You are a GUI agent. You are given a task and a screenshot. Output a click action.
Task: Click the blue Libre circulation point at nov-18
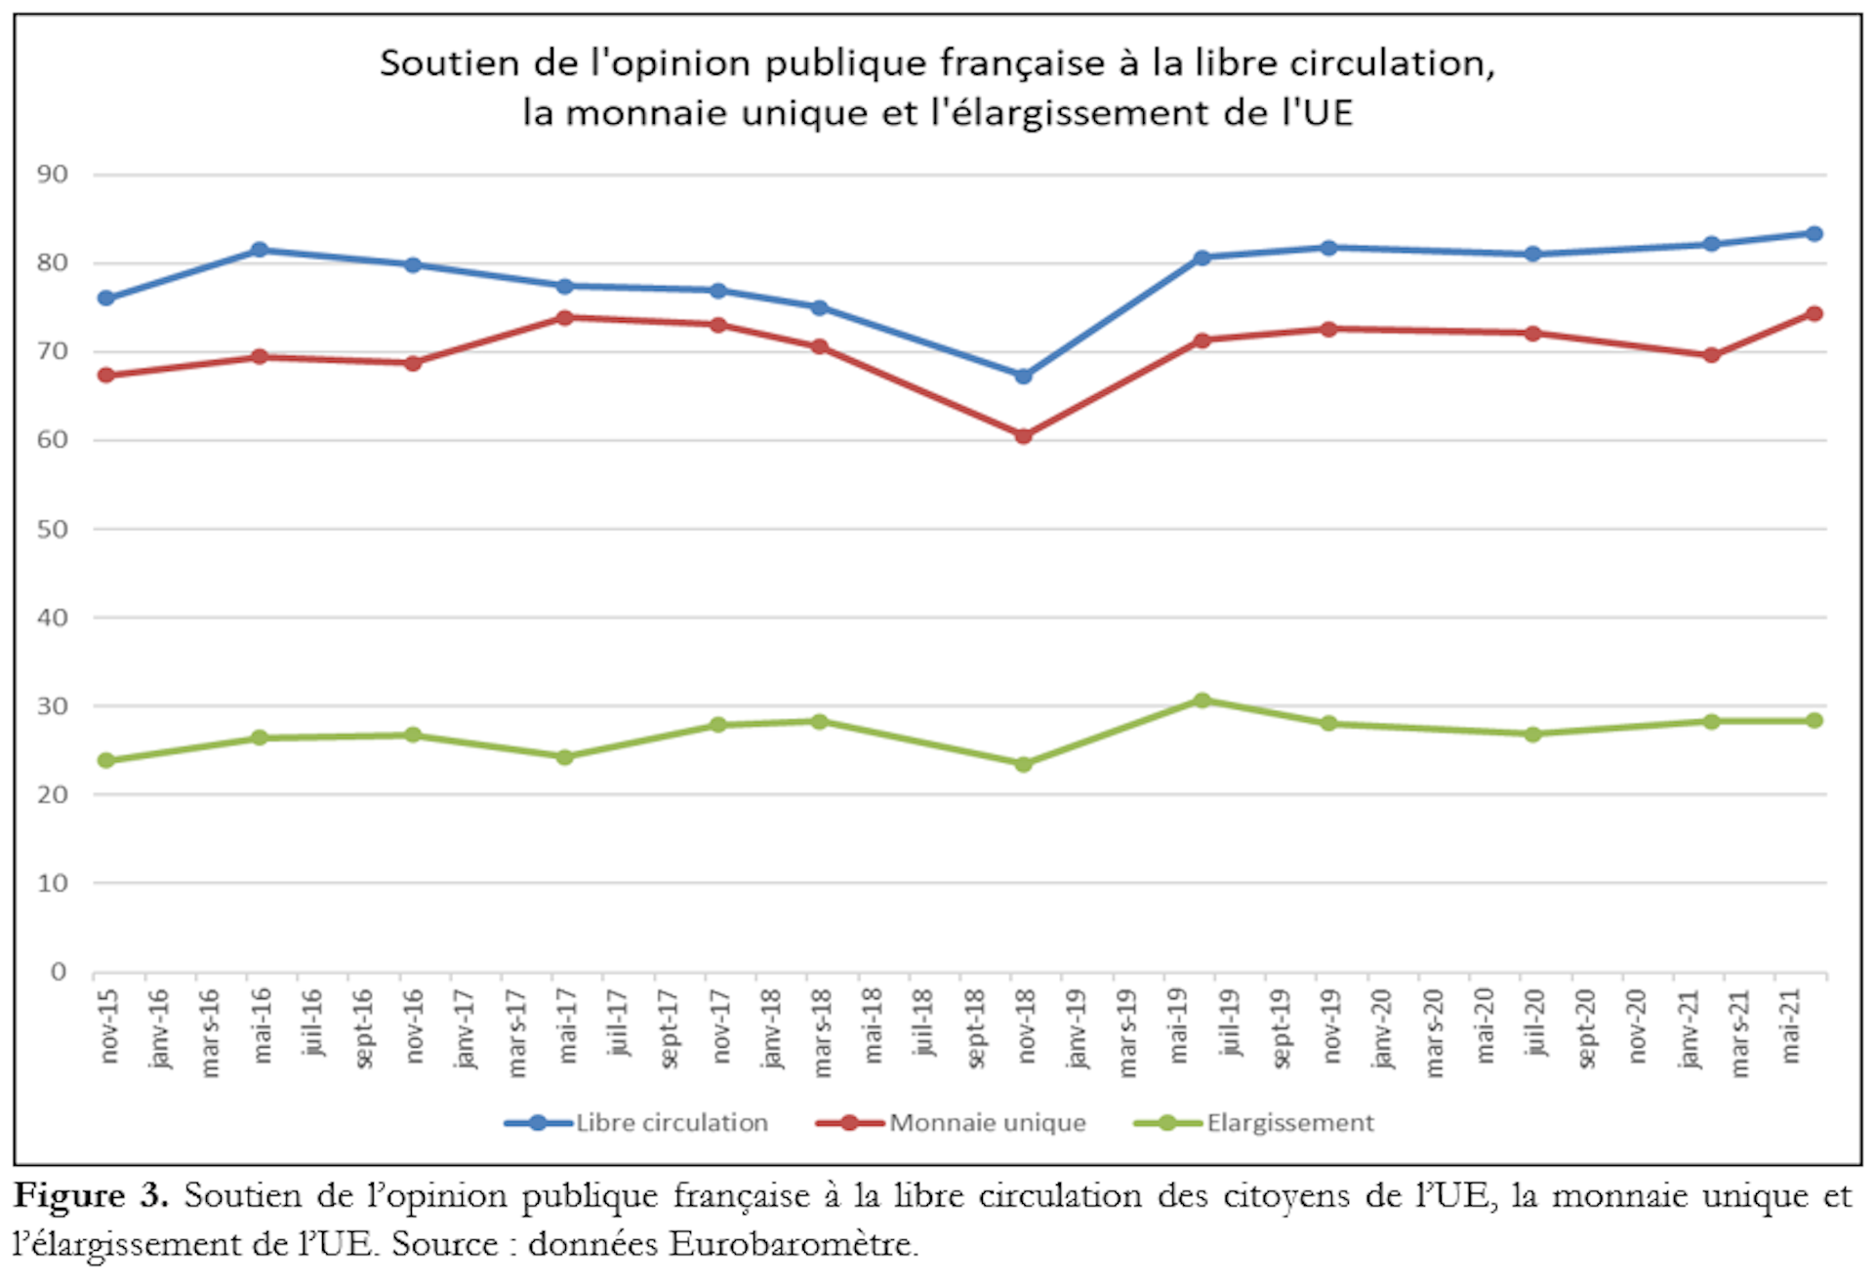click(1023, 376)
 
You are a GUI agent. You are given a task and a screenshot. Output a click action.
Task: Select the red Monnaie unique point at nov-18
click(1023, 436)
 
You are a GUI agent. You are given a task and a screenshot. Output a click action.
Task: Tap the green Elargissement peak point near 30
click(1202, 701)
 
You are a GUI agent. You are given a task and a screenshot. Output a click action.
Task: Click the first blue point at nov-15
click(106, 298)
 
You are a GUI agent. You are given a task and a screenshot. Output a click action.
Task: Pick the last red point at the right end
click(1814, 314)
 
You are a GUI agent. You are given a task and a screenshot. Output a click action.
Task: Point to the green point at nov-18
click(1023, 764)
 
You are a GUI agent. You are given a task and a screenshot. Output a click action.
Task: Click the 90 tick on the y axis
click(53, 175)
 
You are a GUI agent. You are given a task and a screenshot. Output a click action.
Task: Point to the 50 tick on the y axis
click(53, 529)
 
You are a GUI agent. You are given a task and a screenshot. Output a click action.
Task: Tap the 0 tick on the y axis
click(59, 972)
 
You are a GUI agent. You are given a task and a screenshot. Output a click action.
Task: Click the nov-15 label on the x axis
click(109, 1026)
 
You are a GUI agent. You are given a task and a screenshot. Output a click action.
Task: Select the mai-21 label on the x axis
click(1790, 1026)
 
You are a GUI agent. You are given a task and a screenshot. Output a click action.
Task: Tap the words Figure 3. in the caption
click(91, 1196)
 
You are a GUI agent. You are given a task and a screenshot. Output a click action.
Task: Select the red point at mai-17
click(564, 317)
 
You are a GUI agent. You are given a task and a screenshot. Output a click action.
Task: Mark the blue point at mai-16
click(260, 250)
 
